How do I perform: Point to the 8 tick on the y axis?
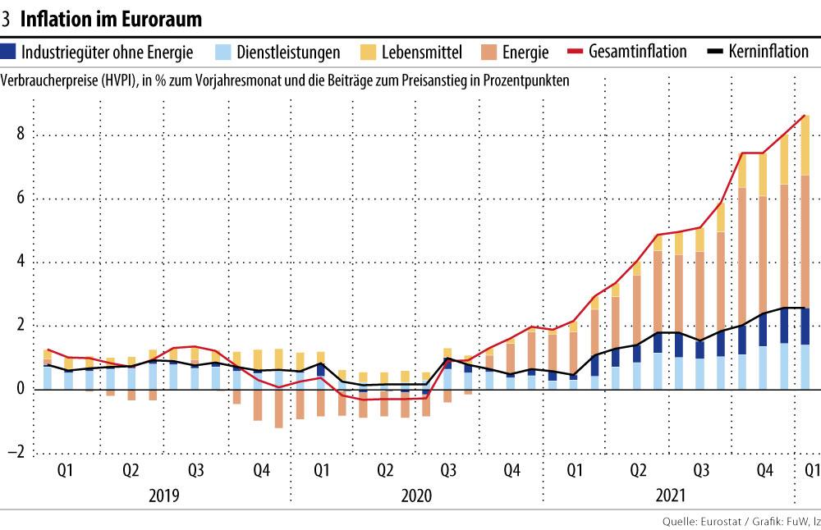pyautogui.click(x=19, y=136)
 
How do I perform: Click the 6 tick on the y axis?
pyautogui.click(x=19, y=199)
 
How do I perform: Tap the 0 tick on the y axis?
pyautogui.click(x=19, y=390)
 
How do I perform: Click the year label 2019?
pyautogui.click(x=163, y=496)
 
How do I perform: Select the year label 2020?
pyautogui.click(x=417, y=496)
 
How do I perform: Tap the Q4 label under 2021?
pyautogui.click(x=764, y=471)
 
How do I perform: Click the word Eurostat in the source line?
pyautogui.click(x=717, y=521)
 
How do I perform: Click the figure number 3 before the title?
pyautogui.click(x=7, y=18)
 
